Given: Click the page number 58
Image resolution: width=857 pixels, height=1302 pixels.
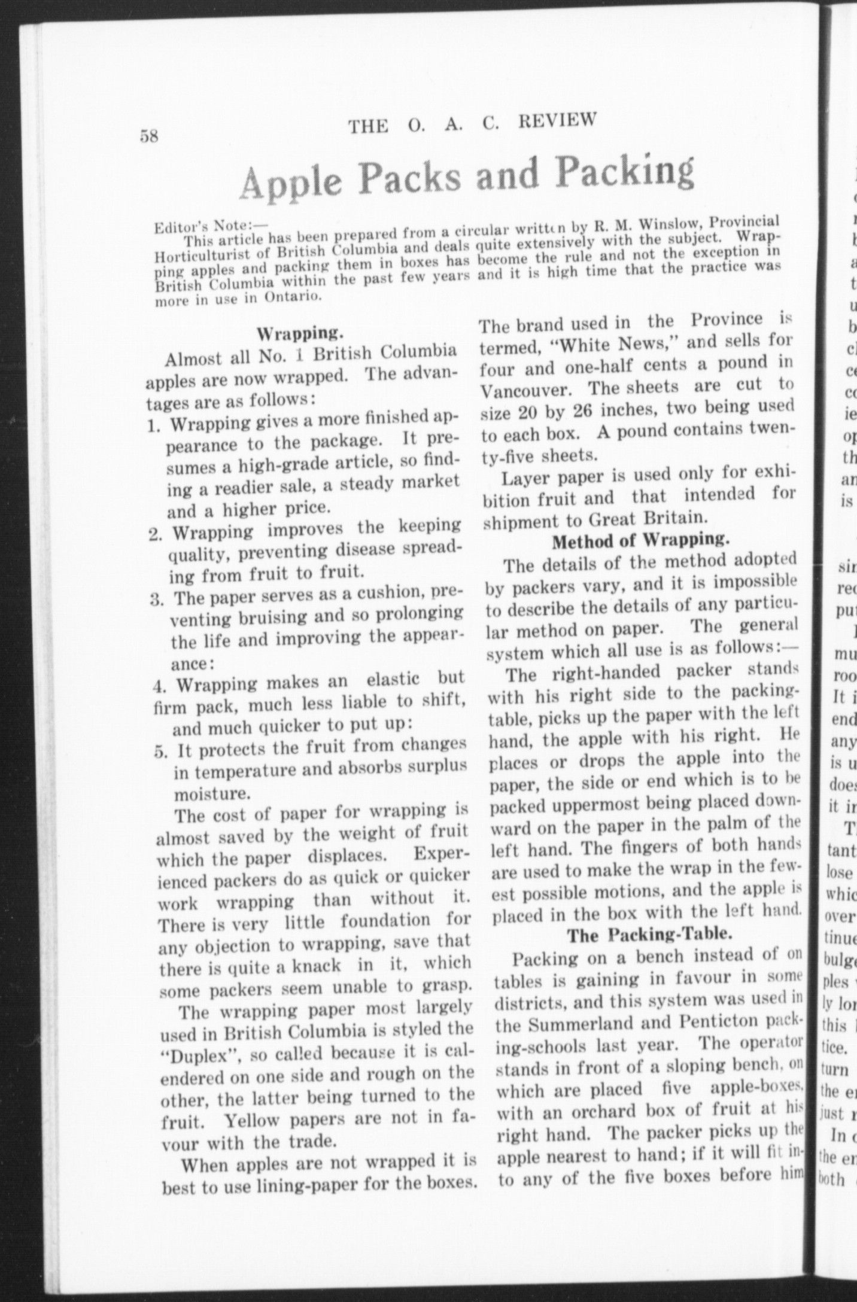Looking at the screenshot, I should click(x=149, y=136).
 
